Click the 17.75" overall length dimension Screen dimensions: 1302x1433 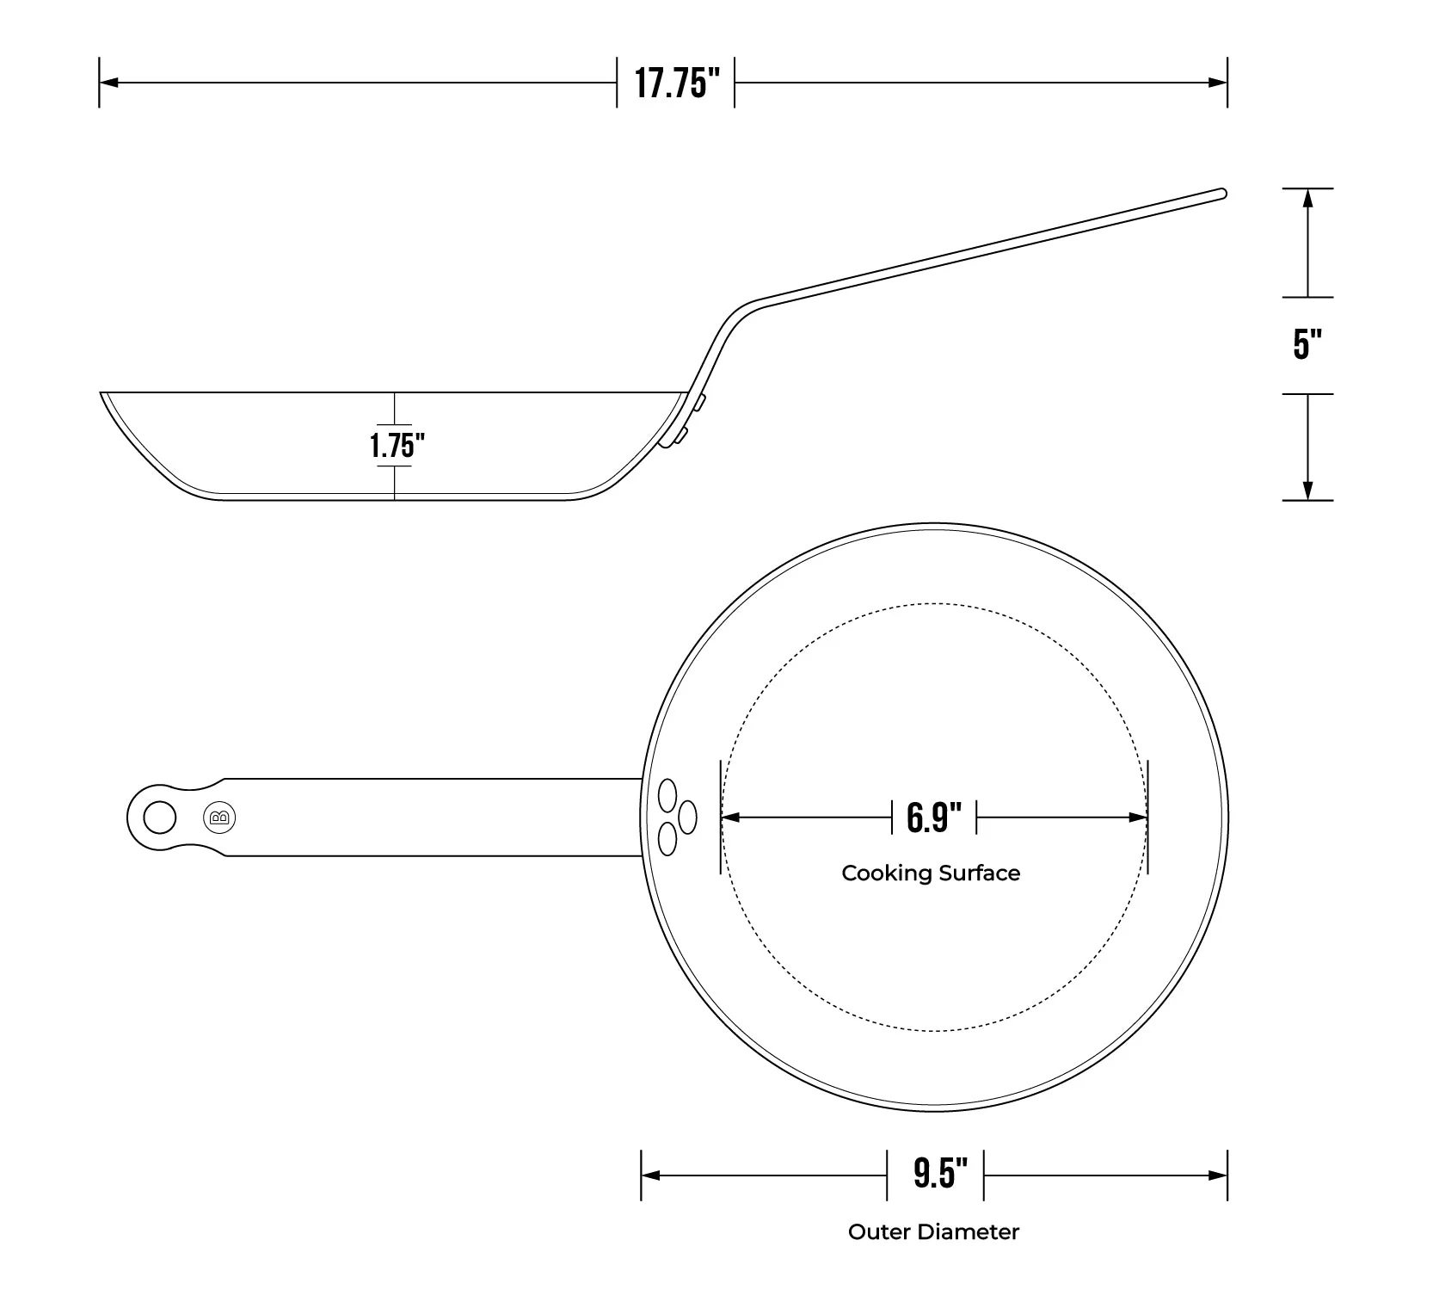coord(676,83)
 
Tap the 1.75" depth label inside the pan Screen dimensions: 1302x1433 coord(397,446)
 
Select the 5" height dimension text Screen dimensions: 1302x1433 coord(1307,344)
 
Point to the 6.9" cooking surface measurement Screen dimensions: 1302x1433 coord(934,817)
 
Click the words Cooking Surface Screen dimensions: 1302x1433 coord(931,873)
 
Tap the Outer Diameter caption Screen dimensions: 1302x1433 coord(933,1232)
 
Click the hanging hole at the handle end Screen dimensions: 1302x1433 coord(159,818)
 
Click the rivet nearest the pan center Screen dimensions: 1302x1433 coord(687,816)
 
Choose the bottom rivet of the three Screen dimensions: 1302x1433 coord(667,838)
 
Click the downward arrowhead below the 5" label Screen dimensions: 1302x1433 coord(1307,490)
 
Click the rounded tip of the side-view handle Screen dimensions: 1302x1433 coord(1221,193)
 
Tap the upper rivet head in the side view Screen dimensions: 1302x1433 coord(701,403)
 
